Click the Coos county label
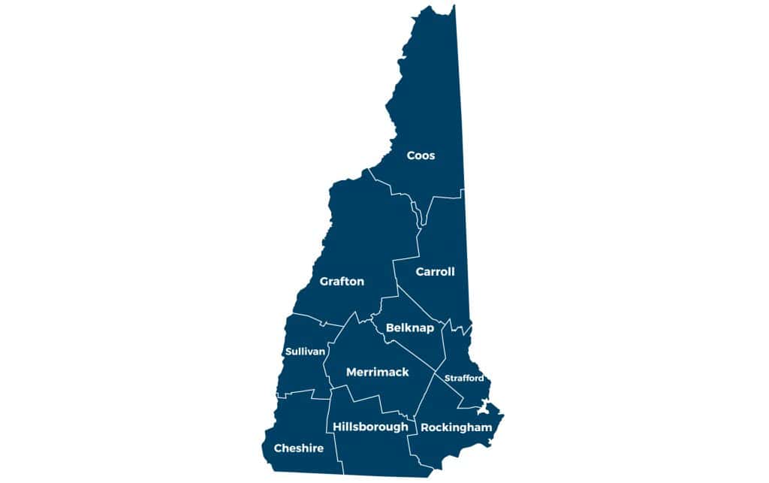click(421, 155)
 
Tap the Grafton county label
click(342, 282)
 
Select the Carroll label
click(436, 272)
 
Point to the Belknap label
click(409, 328)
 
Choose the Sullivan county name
click(305, 352)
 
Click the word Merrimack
click(377, 372)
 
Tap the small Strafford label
click(464, 378)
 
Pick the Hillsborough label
click(370, 427)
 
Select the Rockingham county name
click(456, 427)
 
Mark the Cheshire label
click(298, 448)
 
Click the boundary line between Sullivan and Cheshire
click(297, 393)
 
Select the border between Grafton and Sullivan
click(308, 317)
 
